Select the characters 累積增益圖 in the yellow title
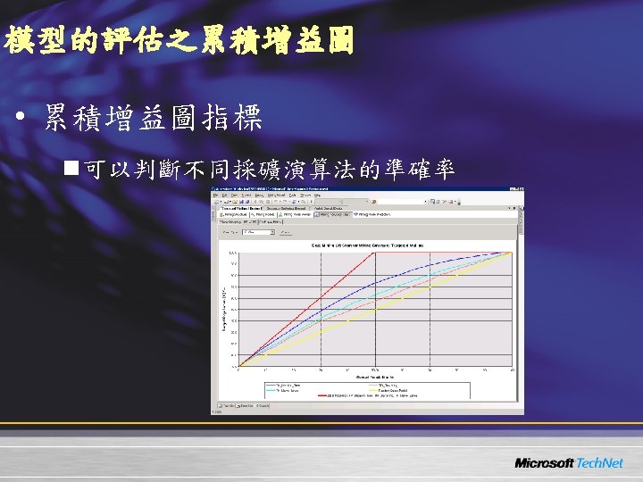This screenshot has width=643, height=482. coord(277,40)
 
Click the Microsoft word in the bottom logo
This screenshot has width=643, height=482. coord(544,463)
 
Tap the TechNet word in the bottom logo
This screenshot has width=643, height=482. coord(600,463)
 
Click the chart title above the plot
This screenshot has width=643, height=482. coord(366,244)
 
